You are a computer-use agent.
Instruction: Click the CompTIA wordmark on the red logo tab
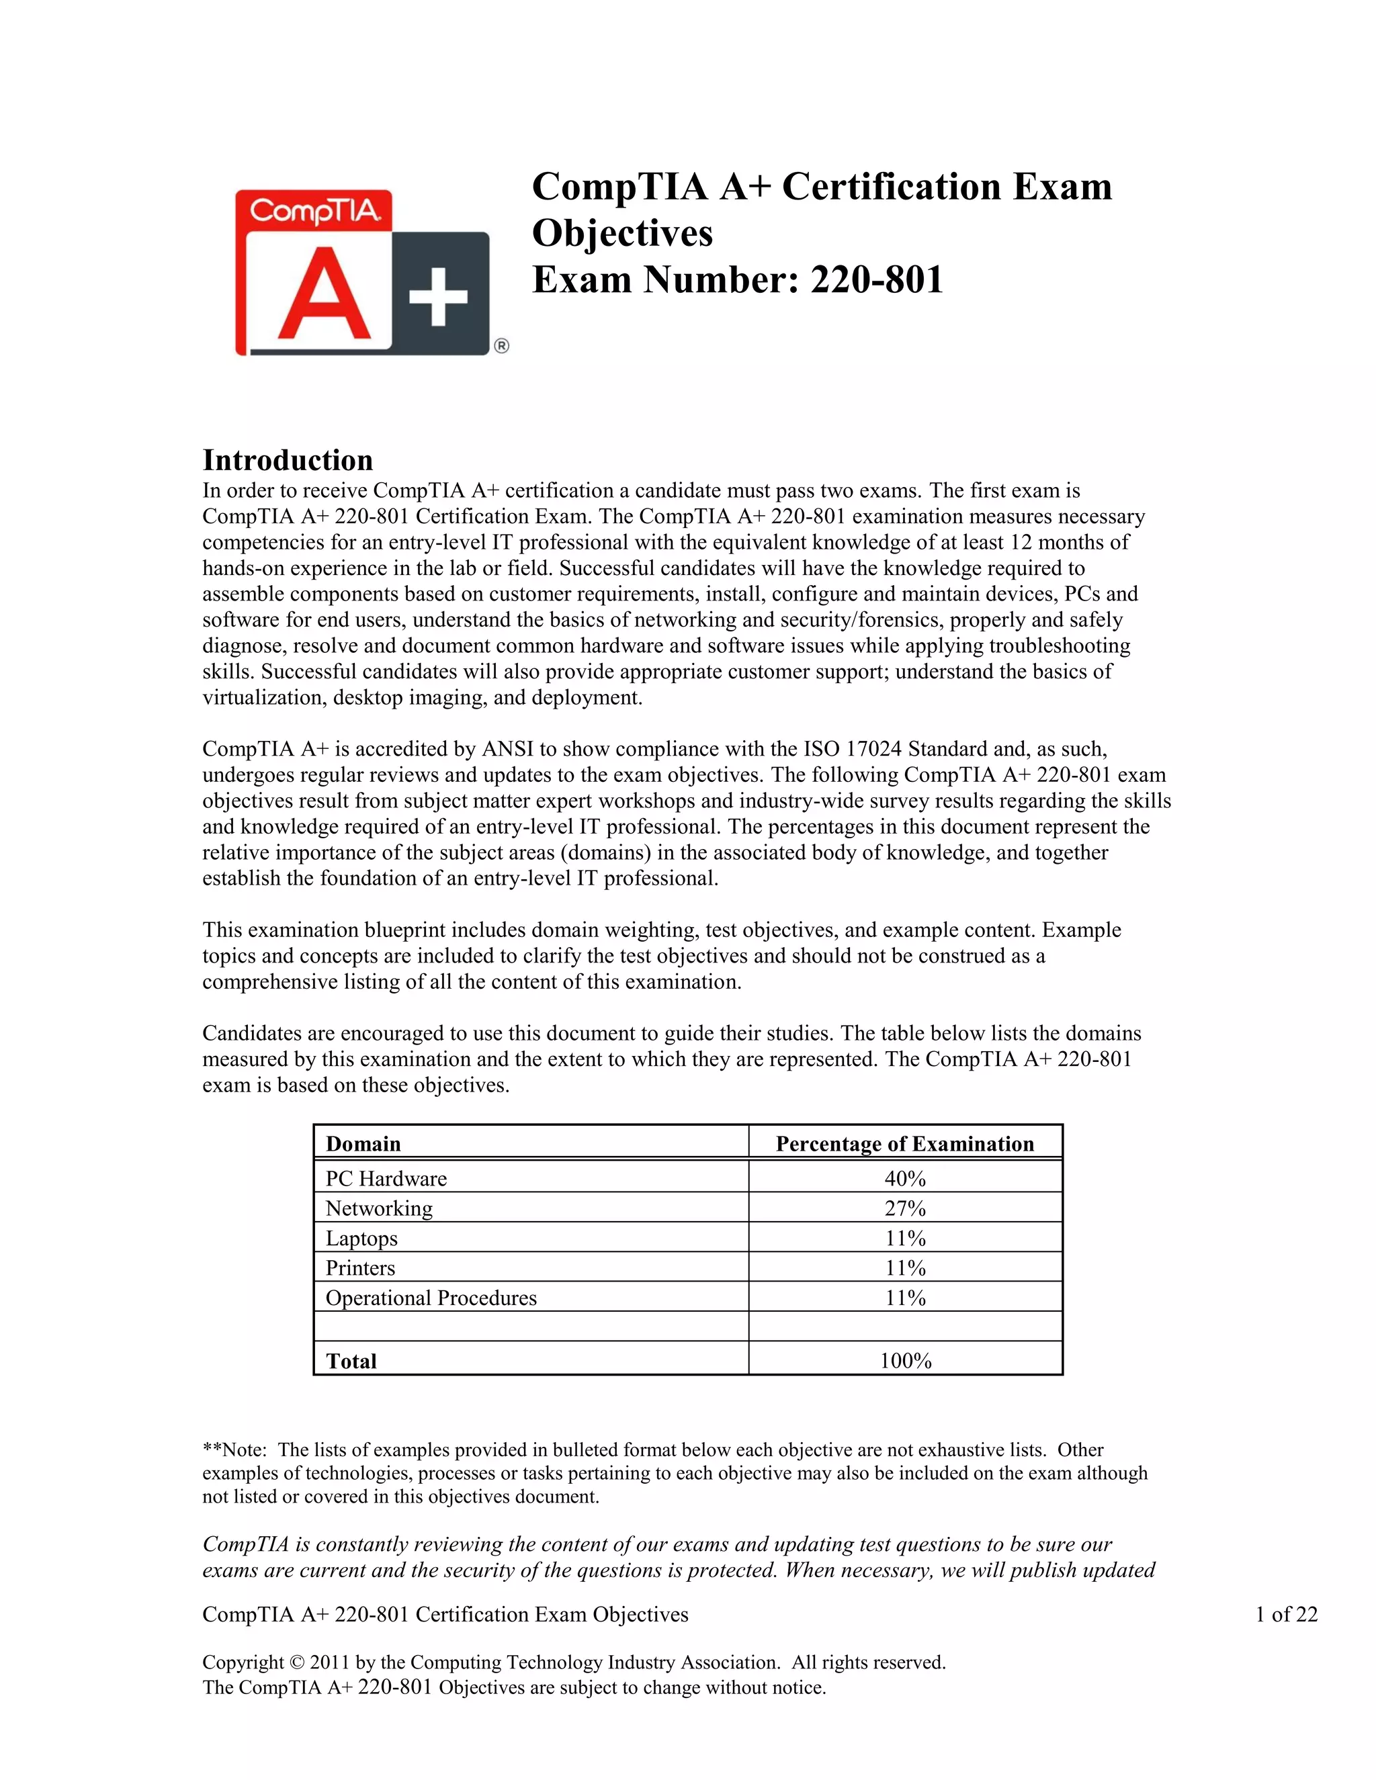click(314, 211)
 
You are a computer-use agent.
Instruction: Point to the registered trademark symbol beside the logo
click(501, 347)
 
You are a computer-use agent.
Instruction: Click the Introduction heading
click(288, 461)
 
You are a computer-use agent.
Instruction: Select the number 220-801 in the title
click(876, 279)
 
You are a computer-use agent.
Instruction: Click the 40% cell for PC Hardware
click(905, 1179)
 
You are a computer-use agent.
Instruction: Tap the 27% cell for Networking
click(905, 1208)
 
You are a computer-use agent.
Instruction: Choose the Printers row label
click(360, 1268)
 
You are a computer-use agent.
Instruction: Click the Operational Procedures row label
click(431, 1298)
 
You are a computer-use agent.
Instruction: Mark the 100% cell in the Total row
click(905, 1361)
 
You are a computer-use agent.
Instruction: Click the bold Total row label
click(351, 1361)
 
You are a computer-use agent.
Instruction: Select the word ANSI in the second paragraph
click(507, 749)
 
